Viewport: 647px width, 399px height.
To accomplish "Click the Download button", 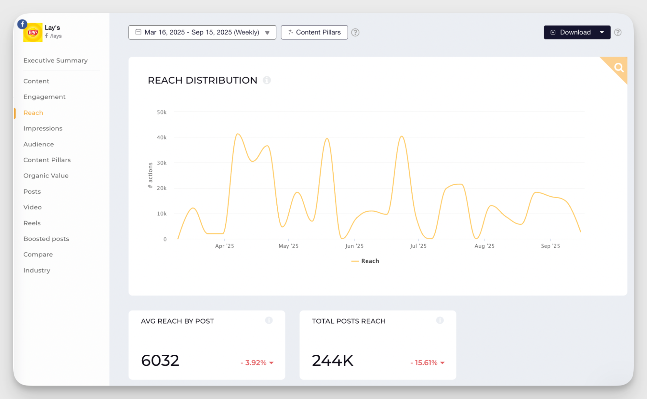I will [x=571, y=32].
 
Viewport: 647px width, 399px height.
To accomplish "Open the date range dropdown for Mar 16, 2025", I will [x=202, y=32].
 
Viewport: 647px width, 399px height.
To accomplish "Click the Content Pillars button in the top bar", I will [x=314, y=32].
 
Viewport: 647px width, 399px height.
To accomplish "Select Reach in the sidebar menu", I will [x=33, y=113].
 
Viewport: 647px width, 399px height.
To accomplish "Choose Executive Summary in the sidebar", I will [x=55, y=60].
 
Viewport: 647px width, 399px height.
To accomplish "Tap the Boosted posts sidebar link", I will [x=46, y=239].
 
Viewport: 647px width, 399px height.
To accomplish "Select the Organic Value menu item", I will [x=46, y=176].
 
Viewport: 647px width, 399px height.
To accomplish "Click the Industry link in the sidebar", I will [x=37, y=270].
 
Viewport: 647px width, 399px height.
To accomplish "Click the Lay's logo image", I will [x=33, y=32].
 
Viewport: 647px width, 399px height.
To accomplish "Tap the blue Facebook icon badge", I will [x=22, y=24].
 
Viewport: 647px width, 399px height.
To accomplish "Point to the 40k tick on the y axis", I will [x=162, y=137].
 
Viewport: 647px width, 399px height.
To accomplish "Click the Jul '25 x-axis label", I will [x=418, y=246].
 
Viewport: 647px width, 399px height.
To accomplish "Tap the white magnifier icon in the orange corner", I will [x=619, y=68].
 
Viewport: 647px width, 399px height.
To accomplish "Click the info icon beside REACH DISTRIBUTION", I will [x=267, y=80].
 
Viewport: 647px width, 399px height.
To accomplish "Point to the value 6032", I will [x=160, y=361].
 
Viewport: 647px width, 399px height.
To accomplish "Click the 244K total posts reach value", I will [x=332, y=361].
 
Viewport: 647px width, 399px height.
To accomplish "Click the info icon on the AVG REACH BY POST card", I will [x=269, y=320].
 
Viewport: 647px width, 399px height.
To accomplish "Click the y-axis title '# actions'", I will [x=150, y=175].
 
